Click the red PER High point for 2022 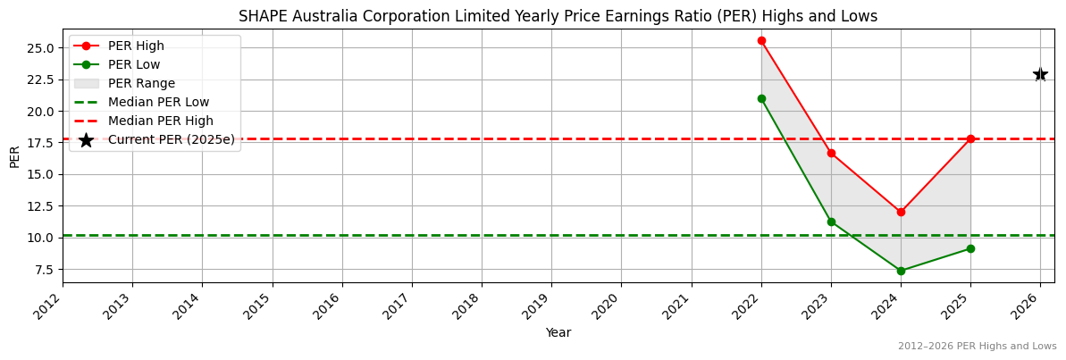[x=761, y=40]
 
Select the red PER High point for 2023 [x=831, y=153]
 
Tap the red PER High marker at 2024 [x=901, y=212]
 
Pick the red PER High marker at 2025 [x=970, y=138]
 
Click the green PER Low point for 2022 [x=761, y=98]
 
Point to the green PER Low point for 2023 [x=831, y=222]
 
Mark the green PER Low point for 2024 [x=901, y=271]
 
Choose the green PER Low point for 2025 [x=970, y=248]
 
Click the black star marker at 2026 [x=1040, y=74]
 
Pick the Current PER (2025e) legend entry [x=171, y=139]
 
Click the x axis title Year [x=558, y=332]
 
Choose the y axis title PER [x=14, y=155]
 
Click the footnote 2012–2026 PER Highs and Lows [x=977, y=347]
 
